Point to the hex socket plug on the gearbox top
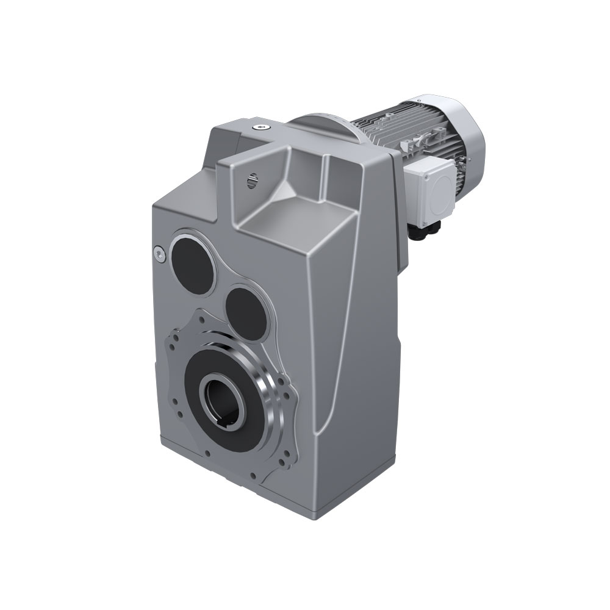coord(262,127)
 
